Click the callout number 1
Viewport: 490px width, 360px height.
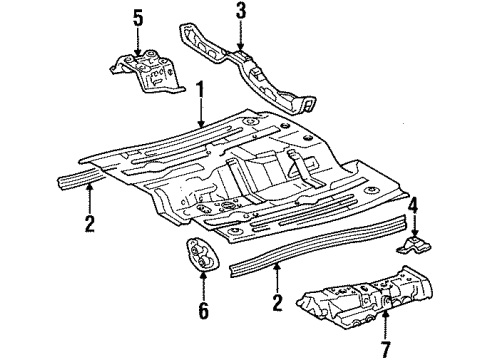point(200,91)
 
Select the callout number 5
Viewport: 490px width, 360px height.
point(138,19)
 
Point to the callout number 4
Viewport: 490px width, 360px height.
point(413,207)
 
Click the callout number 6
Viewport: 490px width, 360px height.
point(203,311)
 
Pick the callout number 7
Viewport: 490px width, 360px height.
point(386,349)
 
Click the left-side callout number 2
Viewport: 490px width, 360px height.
point(89,223)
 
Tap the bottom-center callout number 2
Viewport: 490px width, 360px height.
point(277,303)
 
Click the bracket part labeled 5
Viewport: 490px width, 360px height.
point(147,71)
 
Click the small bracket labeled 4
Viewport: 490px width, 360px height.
point(414,246)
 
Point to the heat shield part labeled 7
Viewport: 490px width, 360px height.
point(365,296)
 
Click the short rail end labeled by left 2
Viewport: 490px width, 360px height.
point(80,177)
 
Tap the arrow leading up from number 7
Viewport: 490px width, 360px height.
point(386,324)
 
